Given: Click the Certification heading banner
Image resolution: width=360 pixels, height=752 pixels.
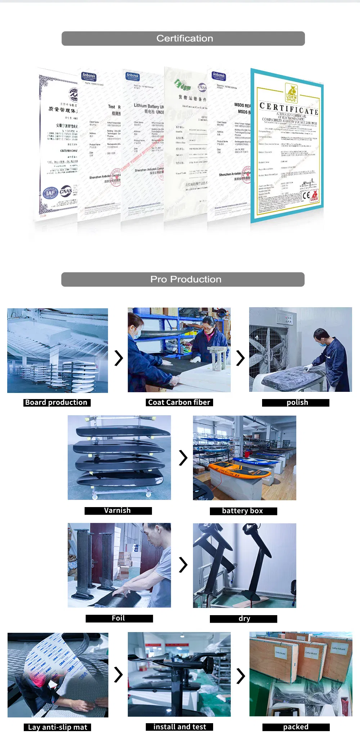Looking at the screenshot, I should pyautogui.click(x=183, y=39).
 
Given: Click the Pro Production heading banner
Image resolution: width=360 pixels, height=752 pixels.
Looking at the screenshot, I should pyautogui.click(x=183, y=279).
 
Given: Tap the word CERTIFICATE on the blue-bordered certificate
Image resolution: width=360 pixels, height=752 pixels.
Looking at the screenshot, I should pyautogui.click(x=289, y=108).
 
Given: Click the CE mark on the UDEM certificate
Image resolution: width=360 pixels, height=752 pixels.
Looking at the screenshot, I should pyautogui.click(x=306, y=196).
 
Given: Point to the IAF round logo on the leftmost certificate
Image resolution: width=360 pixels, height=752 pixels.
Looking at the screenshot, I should pyautogui.click(x=50, y=193).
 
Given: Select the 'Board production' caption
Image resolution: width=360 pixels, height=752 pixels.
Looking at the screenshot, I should pyautogui.click(x=57, y=402).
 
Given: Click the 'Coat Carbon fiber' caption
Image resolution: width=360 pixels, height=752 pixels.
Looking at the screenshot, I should pyautogui.click(x=179, y=402).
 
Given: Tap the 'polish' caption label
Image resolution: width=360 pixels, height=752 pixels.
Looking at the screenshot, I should pyautogui.click(x=296, y=403).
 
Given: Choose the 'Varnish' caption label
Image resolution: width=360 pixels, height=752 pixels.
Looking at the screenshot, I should pyautogui.click(x=118, y=510).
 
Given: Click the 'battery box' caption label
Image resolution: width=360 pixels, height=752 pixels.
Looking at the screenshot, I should pyautogui.click(x=243, y=511).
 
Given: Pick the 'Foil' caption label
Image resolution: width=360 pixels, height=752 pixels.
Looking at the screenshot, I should pyautogui.click(x=119, y=618).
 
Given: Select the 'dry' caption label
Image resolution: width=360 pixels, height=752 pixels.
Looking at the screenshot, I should pyautogui.click(x=244, y=618).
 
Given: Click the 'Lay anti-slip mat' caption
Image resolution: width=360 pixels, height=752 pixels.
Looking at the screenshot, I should pyautogui.click(x=58, y=727).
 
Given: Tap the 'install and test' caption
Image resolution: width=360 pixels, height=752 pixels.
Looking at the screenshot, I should pyautogui.click(x=179, y=726).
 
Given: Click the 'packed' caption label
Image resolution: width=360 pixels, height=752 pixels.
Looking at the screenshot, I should pyautogui.click(x=296, y=727).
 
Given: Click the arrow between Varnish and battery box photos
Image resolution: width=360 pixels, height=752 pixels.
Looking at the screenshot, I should pyautogui.click(x=183, y=458).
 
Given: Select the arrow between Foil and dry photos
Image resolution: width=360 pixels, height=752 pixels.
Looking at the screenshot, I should pyautogui.click(x=183, y=565).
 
